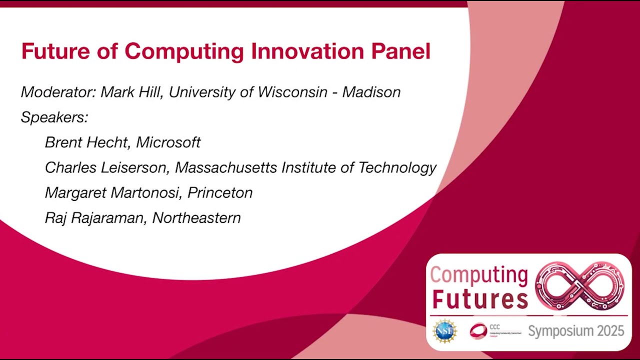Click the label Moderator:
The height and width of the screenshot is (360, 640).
tap(57, 92)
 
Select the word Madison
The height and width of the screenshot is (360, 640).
tap(371, 92)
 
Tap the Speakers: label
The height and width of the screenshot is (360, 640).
tap(54, 117)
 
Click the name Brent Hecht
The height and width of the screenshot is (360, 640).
tap(87, 142)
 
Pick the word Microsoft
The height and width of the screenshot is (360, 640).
tap(168, 142)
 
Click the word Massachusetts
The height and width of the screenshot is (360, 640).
tap(226, 167)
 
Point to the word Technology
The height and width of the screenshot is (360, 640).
tap(397, 167)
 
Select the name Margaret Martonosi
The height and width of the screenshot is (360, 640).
tap(113, 192)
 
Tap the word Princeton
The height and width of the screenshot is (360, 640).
tap(220, 192)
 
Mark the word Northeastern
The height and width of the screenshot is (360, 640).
tap(196, 217)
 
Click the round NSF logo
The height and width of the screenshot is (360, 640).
tap(444, 331)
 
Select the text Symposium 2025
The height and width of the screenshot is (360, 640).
tap(576, 331)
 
